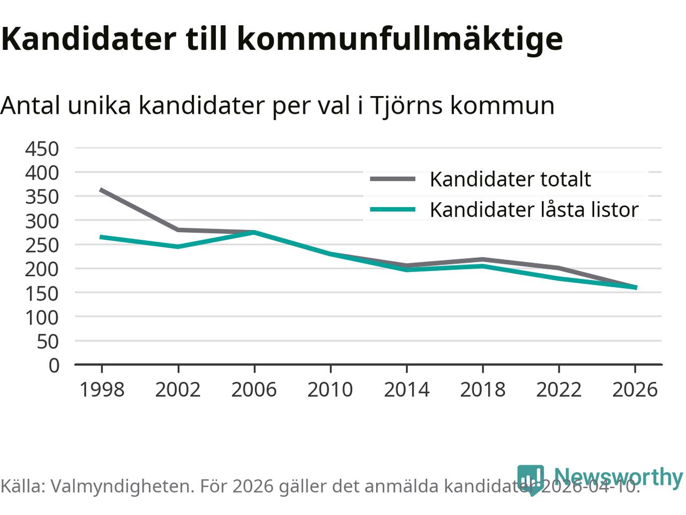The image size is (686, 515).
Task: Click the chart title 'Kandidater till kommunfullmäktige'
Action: point(281,39)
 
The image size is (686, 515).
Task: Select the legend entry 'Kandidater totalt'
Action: point(510,179)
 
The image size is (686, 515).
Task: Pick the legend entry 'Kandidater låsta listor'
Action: point(534,210)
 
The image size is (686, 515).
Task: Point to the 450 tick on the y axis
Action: point(42,149)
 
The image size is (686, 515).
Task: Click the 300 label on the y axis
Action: point(42,221)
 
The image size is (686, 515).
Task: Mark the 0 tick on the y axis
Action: point(54,365)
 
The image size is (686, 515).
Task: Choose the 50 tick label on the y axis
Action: point(48,341)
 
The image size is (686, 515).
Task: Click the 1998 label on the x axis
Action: point(101,389)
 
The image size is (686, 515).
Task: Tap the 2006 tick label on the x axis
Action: point(253,389)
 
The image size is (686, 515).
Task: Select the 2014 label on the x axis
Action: point(406,389)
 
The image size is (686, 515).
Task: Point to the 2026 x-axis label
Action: point(635,389)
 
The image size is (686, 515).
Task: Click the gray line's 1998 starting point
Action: point(101,190)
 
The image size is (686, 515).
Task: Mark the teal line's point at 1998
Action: point(101,237)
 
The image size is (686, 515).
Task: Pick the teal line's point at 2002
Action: point(178,247)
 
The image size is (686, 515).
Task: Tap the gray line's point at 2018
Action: point(482,259)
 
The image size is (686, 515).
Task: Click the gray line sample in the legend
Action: point(393,179)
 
